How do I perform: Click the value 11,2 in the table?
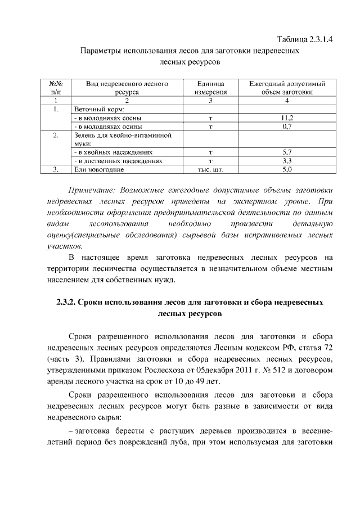pyautogui.click(x=287, y=118)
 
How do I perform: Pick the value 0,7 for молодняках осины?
pyautogui.click(x=287, y=127)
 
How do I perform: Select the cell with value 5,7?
pyautogui.click(x=287, y=152)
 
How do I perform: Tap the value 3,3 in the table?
pyautogui.click(x=287, y=160)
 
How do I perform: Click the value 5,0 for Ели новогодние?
pyautogui.click(x=287, y=169)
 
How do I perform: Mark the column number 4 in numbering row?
pyautogui.click(x=287, y=101)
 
